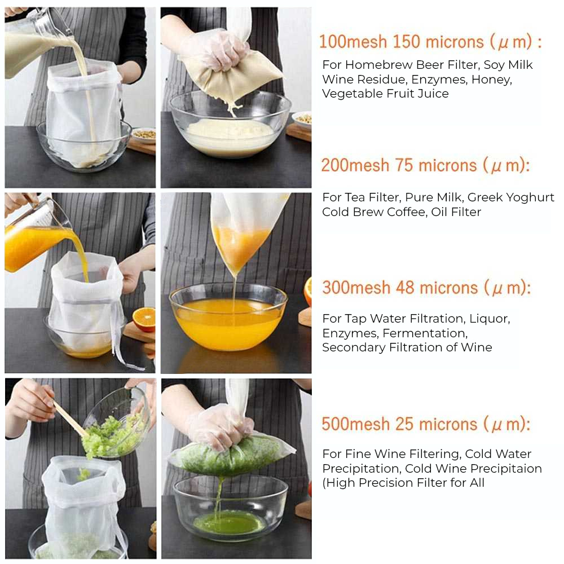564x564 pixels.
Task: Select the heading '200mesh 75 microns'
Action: click(425, 166)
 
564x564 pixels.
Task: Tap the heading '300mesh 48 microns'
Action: click(426, 288)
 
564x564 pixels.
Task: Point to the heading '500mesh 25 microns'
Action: click(426, 424)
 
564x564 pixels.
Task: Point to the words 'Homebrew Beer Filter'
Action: click(411, 65)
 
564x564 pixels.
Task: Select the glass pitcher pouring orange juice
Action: click(34, 237)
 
